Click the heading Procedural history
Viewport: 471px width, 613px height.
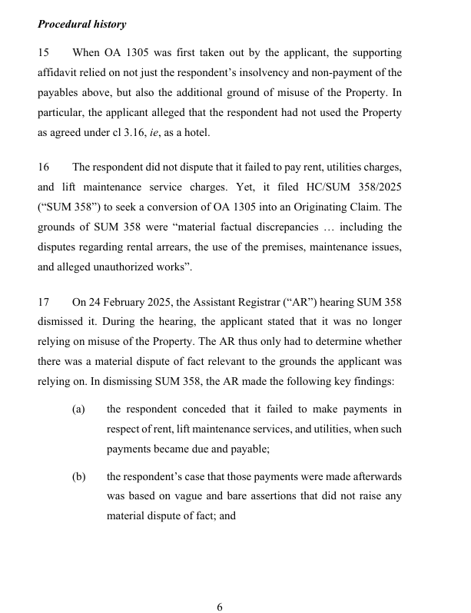coord(81,25)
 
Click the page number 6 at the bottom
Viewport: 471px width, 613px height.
coord(220,607)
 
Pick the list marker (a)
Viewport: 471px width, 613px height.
coord(78,409)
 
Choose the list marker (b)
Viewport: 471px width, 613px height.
coord(78,477)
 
